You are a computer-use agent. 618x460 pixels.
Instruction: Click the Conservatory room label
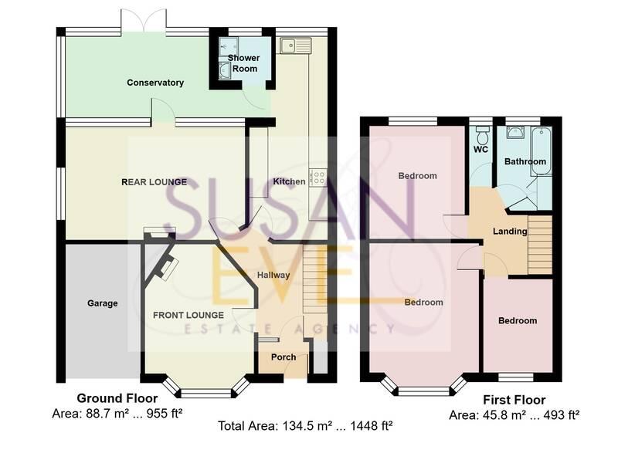155,83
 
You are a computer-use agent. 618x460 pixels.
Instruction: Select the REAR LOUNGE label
154,182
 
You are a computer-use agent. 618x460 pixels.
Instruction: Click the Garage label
102,303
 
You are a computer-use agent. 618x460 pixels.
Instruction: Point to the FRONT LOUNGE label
188,315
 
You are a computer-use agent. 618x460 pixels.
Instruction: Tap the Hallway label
273,275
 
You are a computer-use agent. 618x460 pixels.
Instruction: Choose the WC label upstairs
481,150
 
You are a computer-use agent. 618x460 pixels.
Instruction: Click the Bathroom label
525,161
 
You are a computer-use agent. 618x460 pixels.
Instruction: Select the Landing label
510,231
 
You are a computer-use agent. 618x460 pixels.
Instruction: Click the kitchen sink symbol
295,46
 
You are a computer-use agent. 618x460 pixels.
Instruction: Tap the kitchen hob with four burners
317,178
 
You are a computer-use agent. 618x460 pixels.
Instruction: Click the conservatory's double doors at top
144,21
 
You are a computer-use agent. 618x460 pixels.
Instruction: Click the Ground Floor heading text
111,398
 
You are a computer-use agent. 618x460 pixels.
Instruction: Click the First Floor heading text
514,400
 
